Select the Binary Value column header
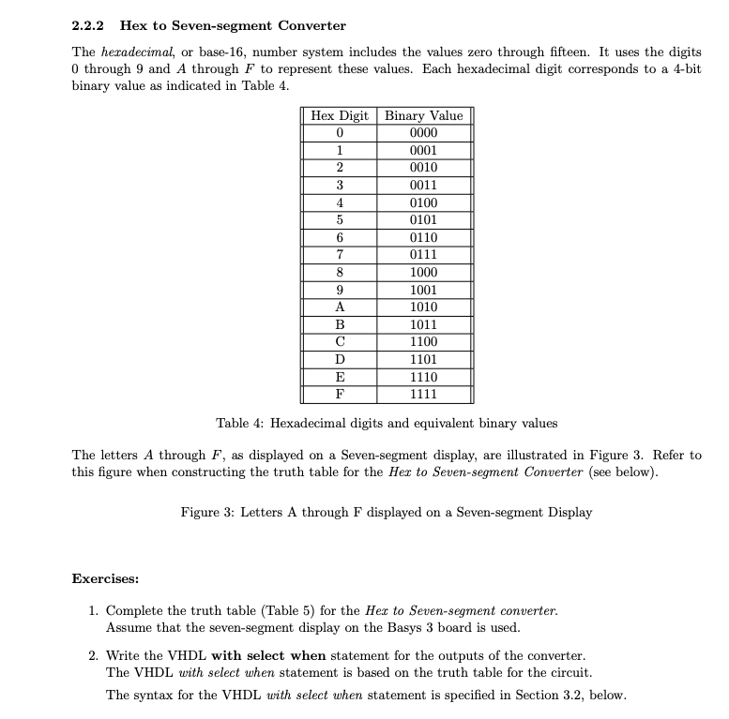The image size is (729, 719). pos(424,115)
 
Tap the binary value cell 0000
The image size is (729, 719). pos(424,133)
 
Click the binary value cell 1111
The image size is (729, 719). pos(424,395)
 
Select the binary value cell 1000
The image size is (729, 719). pos(424,273)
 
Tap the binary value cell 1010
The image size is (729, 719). pos(424,307)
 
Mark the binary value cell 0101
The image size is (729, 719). pos(424,220)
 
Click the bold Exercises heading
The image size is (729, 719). pos(106,578)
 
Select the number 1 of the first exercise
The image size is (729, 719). pos(94,610)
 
